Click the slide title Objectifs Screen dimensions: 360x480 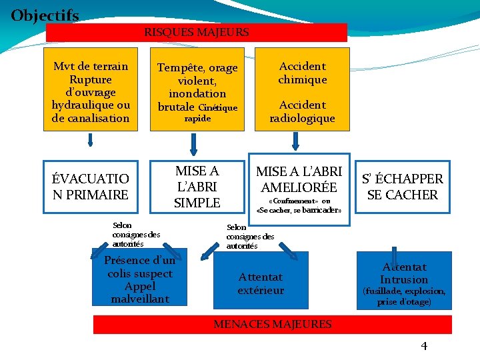click(45, 15)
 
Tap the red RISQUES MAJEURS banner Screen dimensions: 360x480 click(197, 32)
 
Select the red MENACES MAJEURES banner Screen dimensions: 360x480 click(272, 325)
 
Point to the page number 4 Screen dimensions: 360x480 click(424, 345)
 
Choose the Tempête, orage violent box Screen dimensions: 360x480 click(197, 87)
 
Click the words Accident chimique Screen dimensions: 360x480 click(303, 73)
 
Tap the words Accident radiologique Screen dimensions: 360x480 click(303, 111)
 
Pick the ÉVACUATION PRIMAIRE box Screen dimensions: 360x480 click(91, 187)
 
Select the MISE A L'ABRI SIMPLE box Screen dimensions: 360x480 click(197, 187)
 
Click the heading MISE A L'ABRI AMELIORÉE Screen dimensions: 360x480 click(299, 179)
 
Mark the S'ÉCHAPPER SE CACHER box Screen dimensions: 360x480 click(402, 187)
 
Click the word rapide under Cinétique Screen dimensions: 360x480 click(197, 119)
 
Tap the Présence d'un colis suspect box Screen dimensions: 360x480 click(140, 279)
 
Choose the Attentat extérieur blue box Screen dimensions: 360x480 click(261, 283)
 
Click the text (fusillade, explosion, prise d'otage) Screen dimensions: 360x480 click(403, 297)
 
